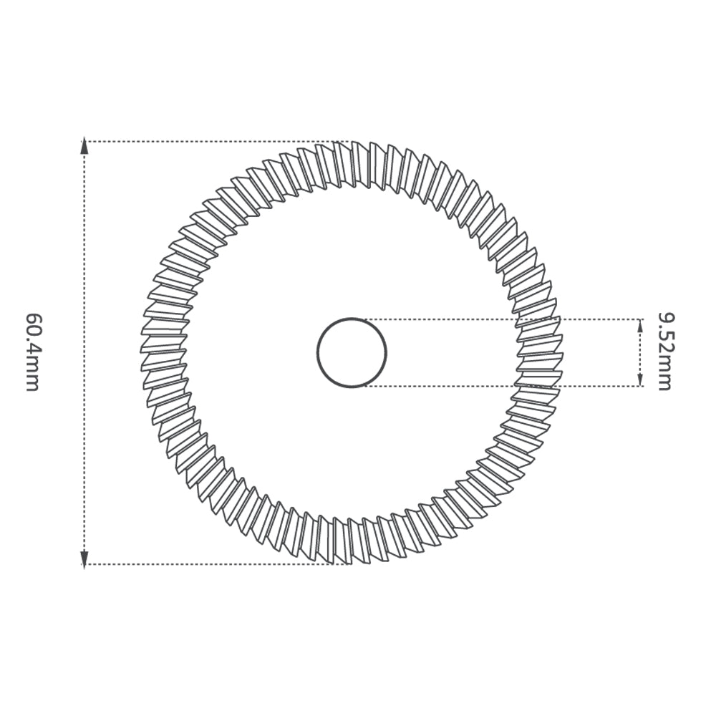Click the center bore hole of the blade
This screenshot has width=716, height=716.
[352, 353]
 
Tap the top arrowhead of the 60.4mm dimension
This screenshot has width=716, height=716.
[84, 147]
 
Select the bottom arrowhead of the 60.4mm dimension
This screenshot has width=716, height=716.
[84, 558]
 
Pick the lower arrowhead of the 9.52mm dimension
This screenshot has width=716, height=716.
[639, 380]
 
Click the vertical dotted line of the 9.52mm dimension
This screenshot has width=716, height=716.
[639, 353]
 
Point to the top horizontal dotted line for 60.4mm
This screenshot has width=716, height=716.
[215, 141]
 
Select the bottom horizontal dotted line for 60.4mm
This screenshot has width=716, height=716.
[215, 564]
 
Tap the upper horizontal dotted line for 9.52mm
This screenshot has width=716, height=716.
[444, 319]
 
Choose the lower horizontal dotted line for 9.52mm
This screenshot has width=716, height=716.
[444, 387]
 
